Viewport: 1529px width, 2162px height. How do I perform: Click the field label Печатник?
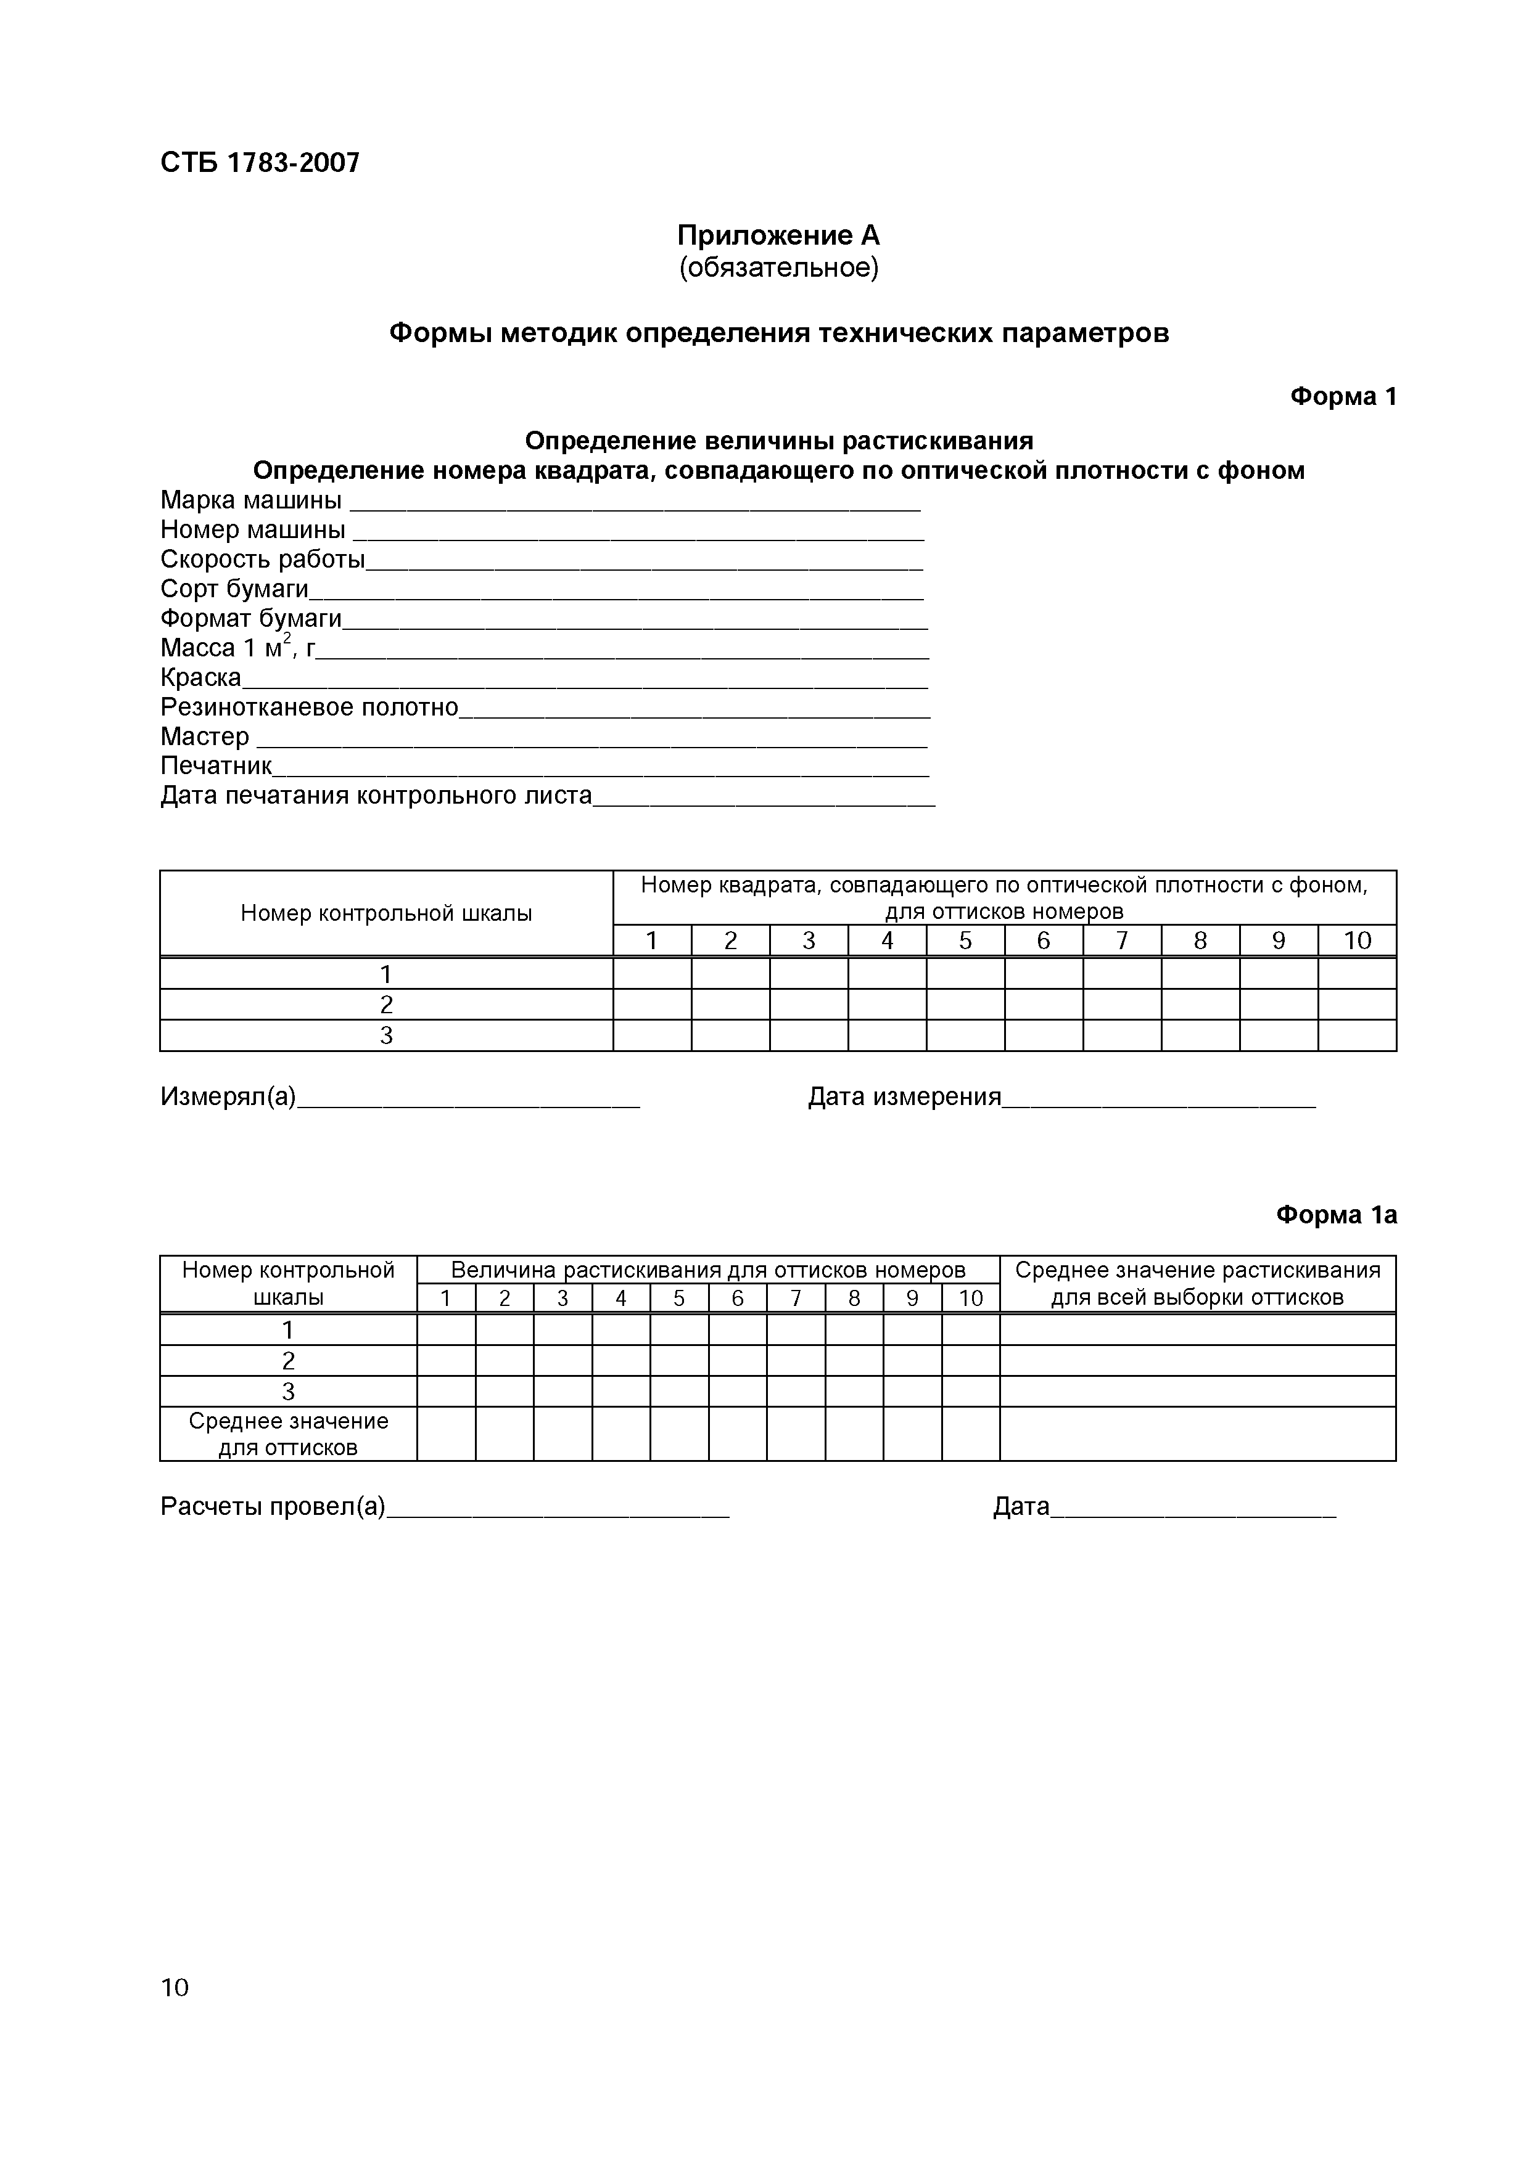(216, 767)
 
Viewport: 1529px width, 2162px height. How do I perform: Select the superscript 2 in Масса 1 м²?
(287, 639)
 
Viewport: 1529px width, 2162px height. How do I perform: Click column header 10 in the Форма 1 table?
(1356, 940)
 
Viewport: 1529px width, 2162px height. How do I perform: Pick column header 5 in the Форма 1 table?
(965, 940)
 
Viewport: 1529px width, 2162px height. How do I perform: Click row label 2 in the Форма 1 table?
(385, 1005)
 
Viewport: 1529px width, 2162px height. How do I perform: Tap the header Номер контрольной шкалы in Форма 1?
(385, 913)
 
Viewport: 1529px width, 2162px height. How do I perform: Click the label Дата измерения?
(904, 1097)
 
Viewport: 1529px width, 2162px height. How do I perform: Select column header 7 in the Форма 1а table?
(795, 1299)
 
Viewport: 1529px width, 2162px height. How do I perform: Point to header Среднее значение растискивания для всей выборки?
(1197, 1283)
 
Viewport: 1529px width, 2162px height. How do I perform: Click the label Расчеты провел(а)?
(272, 1507)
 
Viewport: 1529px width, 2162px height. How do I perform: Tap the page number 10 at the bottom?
(175, 1987)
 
